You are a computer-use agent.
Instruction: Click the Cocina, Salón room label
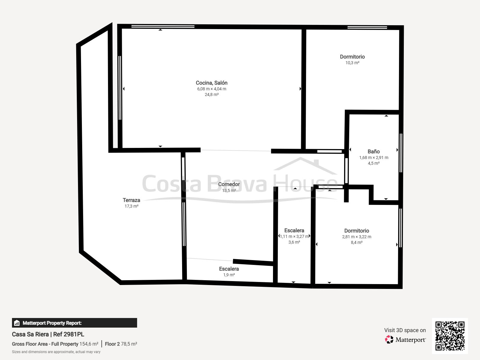click(211, 83)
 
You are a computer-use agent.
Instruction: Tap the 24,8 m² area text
click(212, 94)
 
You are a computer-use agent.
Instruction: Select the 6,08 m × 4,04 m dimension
click(212, 89)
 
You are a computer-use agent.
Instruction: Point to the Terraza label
click(131, 200)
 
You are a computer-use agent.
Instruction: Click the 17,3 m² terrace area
click(131, 206)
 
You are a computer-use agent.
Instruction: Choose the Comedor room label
click(229, 184)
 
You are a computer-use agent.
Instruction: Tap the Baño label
click(374, 151)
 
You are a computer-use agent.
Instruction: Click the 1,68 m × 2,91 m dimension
click(374, 157)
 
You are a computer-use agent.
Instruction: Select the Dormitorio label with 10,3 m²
click(352, 57)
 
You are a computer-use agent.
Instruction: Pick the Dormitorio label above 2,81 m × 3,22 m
click(357, 231)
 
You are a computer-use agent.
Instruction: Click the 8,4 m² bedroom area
click(357, 242)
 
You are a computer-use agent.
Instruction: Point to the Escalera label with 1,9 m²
click(229, 269)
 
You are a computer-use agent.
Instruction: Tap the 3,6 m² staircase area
click(294, 242)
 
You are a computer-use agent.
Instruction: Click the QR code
click(450, 336)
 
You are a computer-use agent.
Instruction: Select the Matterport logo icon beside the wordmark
click(389, 340)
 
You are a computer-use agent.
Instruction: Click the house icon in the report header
click(17, 323)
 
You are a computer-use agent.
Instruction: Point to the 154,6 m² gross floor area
click(89, 344)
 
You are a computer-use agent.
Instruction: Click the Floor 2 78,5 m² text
click(121, 344)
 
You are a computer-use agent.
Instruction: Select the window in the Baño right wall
click(401, 153)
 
